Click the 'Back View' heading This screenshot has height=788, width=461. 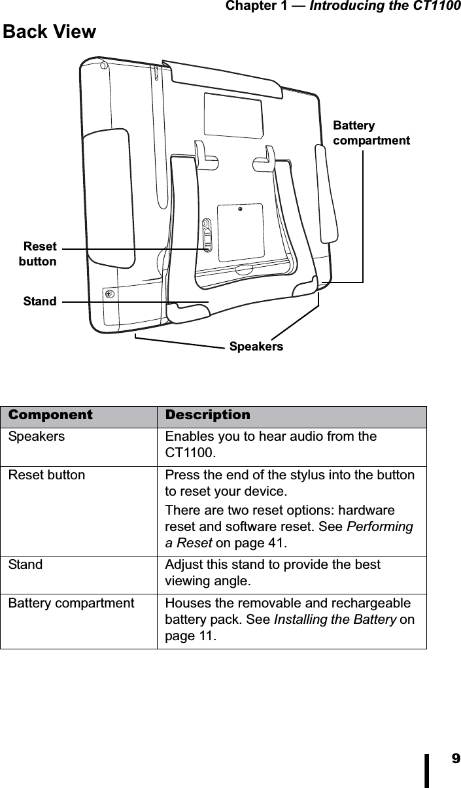[x=50, y=31]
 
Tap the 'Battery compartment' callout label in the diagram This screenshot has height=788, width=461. [x=371, y=133]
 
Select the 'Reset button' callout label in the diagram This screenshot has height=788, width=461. [x=39, y=254]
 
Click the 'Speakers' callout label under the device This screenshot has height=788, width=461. [x=256, y=346]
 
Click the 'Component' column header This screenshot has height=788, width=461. [x=50, y=415]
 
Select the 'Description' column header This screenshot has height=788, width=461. [x=207, y=415]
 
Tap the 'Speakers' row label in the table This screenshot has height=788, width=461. [x=37, y=437]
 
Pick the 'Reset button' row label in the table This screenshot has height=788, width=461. [x=46, y=475]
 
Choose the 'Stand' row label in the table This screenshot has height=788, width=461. [x=25, y=564]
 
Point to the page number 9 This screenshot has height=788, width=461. [x=454, y=759]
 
